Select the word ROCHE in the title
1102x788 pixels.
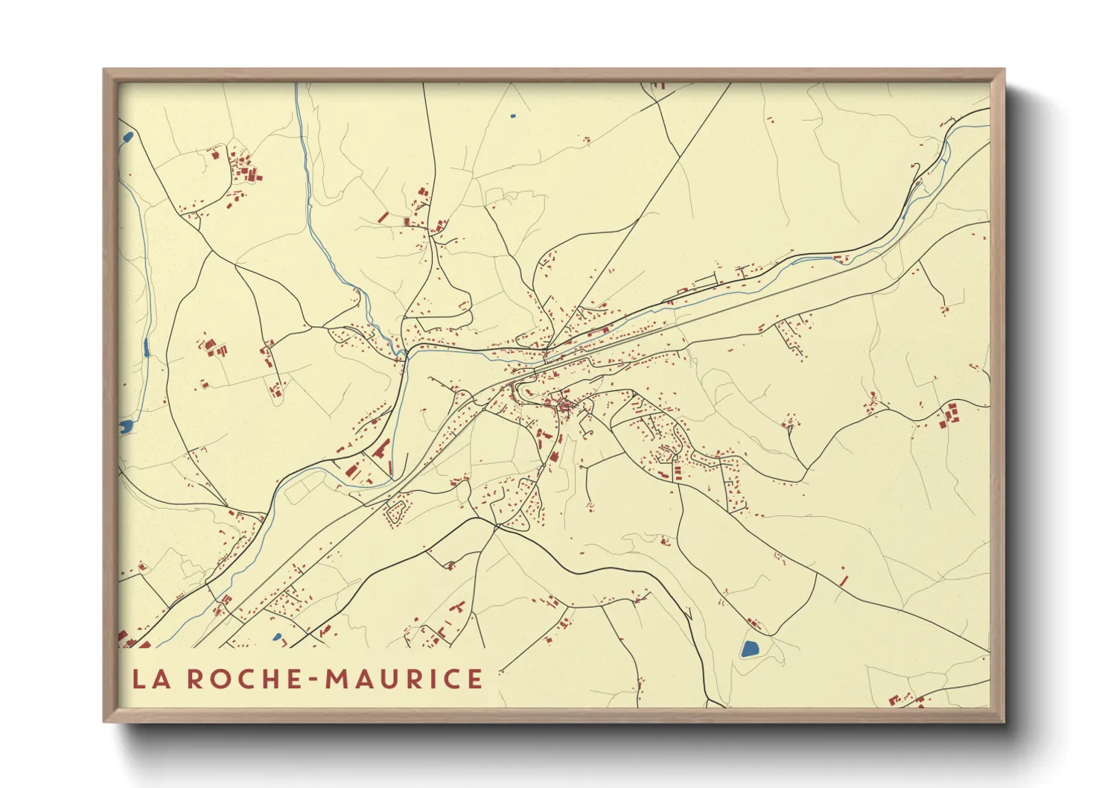tap(243, 679)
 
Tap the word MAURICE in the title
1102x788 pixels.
tap(404, 679)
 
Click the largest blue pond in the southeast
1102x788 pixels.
tap(750, 648)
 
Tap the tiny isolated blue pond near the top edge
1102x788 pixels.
tap(512, 116)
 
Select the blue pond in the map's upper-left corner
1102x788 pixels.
tap(127, 138)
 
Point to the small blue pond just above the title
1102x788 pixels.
tap(277, 637)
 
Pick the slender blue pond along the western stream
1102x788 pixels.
tap(147, 347)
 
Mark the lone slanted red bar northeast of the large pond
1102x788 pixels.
tap(844, 578)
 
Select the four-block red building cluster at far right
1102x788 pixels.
tap(949, 414)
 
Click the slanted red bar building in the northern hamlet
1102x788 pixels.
tap(383, 217)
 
